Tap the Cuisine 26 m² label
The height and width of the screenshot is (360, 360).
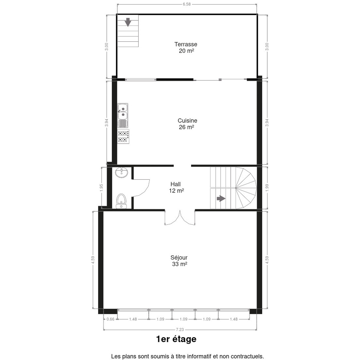[x=187, y=124]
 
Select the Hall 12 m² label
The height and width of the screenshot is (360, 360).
[x=176, y=187]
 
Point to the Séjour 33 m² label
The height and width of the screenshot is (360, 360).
[x=179, y=261]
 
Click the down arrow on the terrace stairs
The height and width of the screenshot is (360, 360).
[x=128, y=22]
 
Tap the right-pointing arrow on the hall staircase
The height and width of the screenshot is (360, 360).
[x=221, y=198]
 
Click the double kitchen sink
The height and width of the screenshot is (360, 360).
[x=123, y=115]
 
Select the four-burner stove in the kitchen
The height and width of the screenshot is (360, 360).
[x=123, y=136]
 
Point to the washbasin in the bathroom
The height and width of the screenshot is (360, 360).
[x=121, y=172]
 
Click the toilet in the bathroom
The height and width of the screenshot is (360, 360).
[x=121, y=201]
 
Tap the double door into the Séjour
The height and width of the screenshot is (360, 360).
[x=180, y=217]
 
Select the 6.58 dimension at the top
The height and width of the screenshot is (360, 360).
[x=187, y=4]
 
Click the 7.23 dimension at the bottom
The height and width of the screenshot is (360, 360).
[x=180, y=329]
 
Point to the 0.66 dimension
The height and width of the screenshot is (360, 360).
[x=110, y=319]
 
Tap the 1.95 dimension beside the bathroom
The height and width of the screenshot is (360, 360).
[x=101, y=188]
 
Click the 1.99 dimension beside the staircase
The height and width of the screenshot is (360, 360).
[x=267, y=188]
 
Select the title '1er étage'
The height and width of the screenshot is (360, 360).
[x=176, y=339]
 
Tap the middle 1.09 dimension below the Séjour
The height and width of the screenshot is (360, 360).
[x=184, y=319]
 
